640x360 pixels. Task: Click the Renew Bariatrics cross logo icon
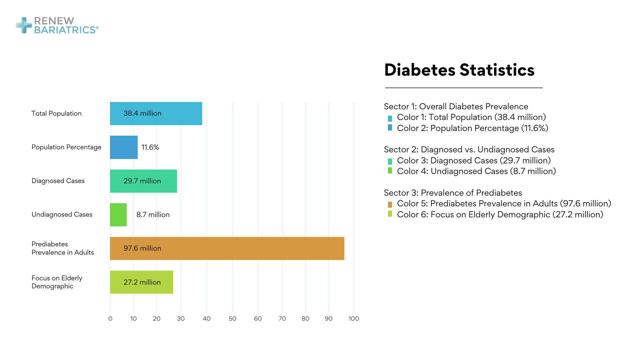click(24, 25)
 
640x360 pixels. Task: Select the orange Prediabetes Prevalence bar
click(227, 248)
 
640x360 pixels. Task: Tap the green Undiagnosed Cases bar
click(118, 215)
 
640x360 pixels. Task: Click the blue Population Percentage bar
click(124, 147)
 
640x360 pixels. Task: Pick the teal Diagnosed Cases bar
click(143, 181)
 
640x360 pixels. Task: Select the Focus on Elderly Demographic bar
click(141, 282)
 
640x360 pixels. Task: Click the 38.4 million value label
click(142, 113)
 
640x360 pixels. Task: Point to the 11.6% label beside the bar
click(150, 147)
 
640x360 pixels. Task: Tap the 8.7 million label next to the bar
click(153, 215)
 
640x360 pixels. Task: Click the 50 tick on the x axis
click(232, 319)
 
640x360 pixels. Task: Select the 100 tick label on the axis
click(353, 319)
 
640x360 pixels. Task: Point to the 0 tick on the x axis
click(110, 319)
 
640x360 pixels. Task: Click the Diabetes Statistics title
click(459, 70)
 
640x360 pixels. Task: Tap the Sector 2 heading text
click(469, 149)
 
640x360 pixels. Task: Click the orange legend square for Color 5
click(390, 204)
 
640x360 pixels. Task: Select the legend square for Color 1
click(390, 118)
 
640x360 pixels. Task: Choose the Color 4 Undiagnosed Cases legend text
click(476, 171)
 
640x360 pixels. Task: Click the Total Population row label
click(56, 113)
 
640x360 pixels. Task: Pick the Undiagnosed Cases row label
click(62, 214)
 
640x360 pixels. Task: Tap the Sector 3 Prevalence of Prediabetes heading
click(453, 193)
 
